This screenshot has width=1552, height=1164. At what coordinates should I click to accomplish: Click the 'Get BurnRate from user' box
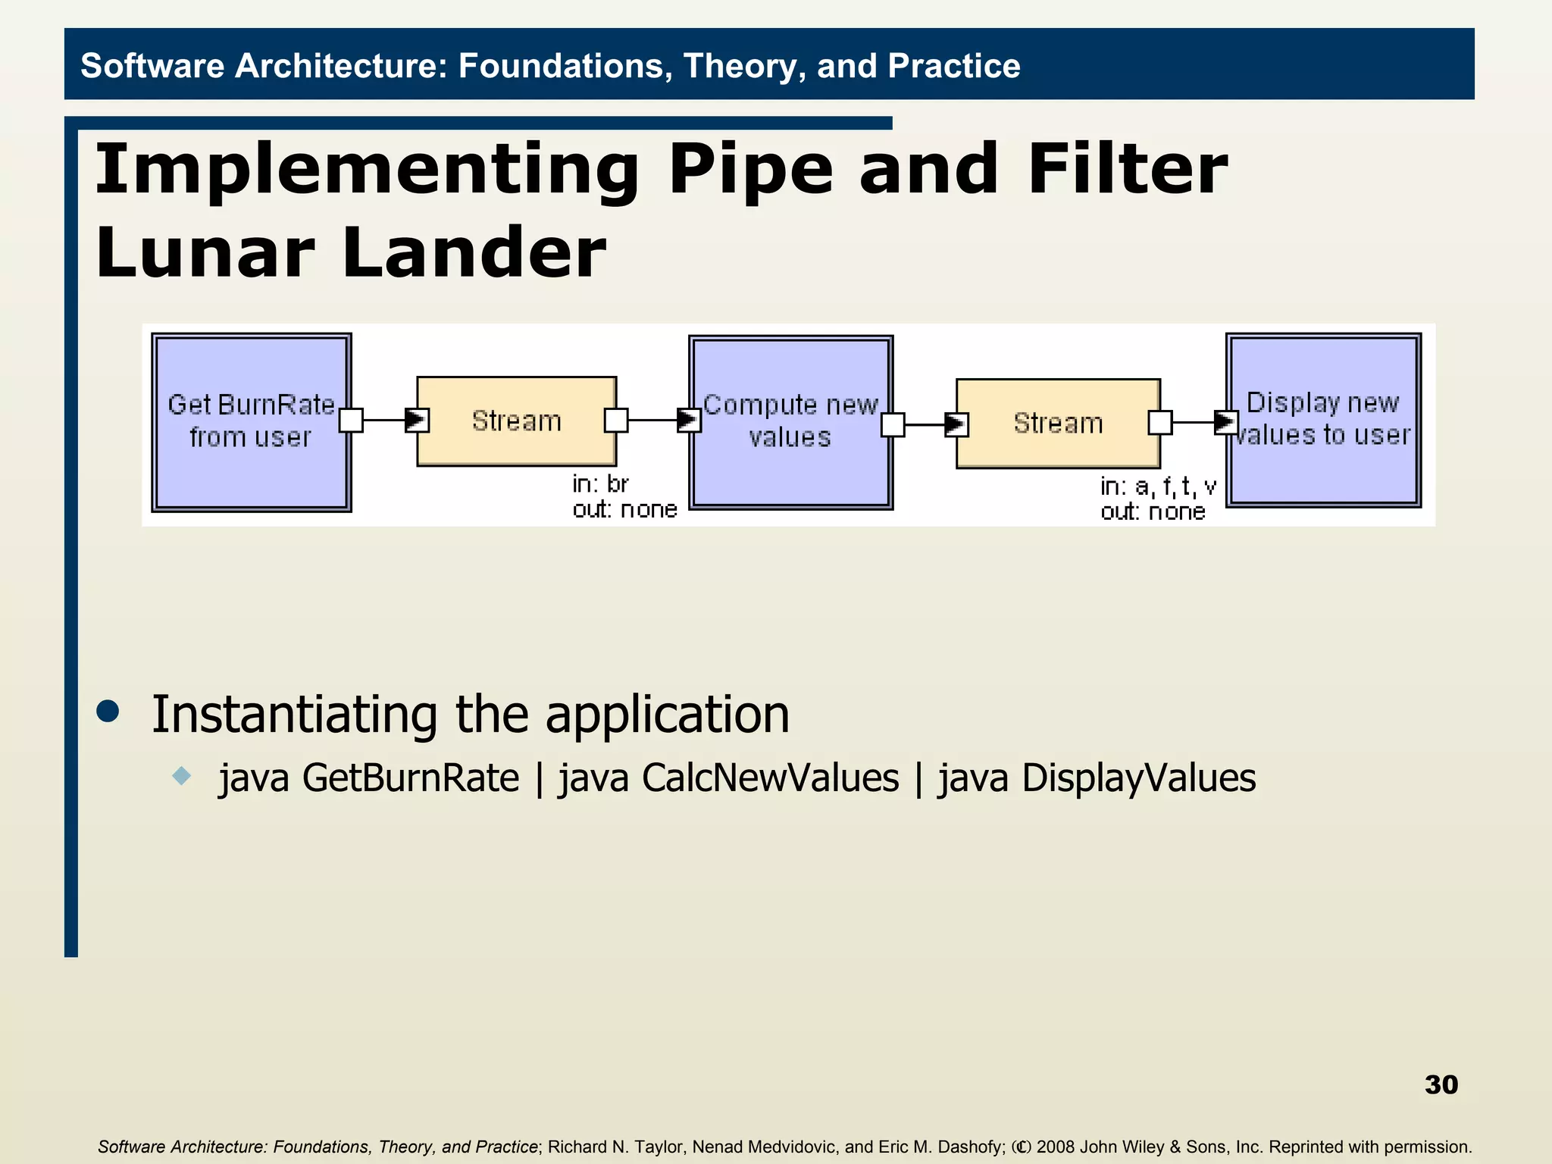coord(251,422)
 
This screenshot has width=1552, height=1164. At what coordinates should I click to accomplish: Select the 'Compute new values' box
coord(790,422)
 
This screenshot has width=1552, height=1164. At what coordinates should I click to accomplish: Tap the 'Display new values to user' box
coord(1323,419)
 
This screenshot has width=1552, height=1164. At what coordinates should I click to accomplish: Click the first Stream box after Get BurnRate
coord(516,421)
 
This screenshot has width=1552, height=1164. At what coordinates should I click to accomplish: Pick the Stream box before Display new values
coord(1058,423)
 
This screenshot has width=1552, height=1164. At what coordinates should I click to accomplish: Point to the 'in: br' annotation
coord(600,483)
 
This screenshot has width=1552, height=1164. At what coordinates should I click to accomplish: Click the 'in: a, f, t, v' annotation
coord(1157,486)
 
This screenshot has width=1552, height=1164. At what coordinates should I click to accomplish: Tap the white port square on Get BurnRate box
coord(351,420)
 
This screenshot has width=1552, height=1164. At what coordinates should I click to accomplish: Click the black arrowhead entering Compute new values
coord(688,419)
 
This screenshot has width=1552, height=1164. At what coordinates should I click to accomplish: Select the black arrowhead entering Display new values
coord(1225,422)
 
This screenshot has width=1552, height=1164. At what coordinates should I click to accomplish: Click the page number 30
coord(1441,1084)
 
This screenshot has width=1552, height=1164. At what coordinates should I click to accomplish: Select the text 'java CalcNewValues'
coord(728,778)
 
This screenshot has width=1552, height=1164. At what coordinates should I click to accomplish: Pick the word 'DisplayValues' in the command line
coord(1138,778)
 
